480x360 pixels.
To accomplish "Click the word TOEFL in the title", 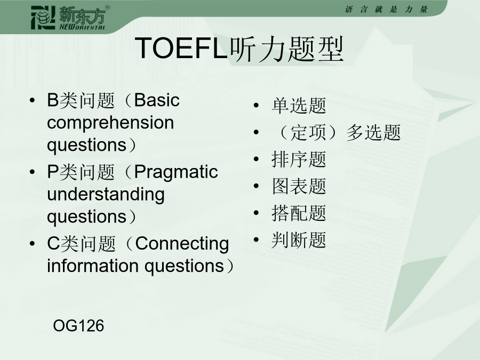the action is [x=181, y=48].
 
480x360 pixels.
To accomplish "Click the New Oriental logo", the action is [x=70, y=18].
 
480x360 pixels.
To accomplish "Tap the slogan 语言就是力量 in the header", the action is [x=386, y=10].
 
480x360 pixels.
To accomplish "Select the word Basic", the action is [x=157, y=100].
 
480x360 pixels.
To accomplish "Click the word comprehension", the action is [x=110, y=123].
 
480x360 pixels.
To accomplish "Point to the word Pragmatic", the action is [x=176, y=172].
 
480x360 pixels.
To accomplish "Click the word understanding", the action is [x=106, y=194].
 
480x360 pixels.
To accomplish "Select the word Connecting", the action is [x=182, y=244].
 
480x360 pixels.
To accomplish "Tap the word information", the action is [x=93, y=266].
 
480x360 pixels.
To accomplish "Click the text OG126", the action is [x=78, y=325].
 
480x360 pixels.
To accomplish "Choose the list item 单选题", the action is [x=299, y=106].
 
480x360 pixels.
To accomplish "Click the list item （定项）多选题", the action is [x=337, y=133].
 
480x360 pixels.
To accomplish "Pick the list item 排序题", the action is [x=299, y=159].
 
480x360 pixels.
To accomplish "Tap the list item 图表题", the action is [x=299, y=186].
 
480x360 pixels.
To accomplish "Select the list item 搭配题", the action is [x=299, y=213].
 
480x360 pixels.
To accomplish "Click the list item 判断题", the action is [x=299, y=240].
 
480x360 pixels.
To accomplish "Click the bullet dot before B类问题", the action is [x=32, y=100].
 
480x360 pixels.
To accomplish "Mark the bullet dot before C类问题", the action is [x=32, y=244].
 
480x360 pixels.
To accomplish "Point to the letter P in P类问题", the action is [x=53, y=172].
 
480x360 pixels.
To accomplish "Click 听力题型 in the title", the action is [x=287, y=49].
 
